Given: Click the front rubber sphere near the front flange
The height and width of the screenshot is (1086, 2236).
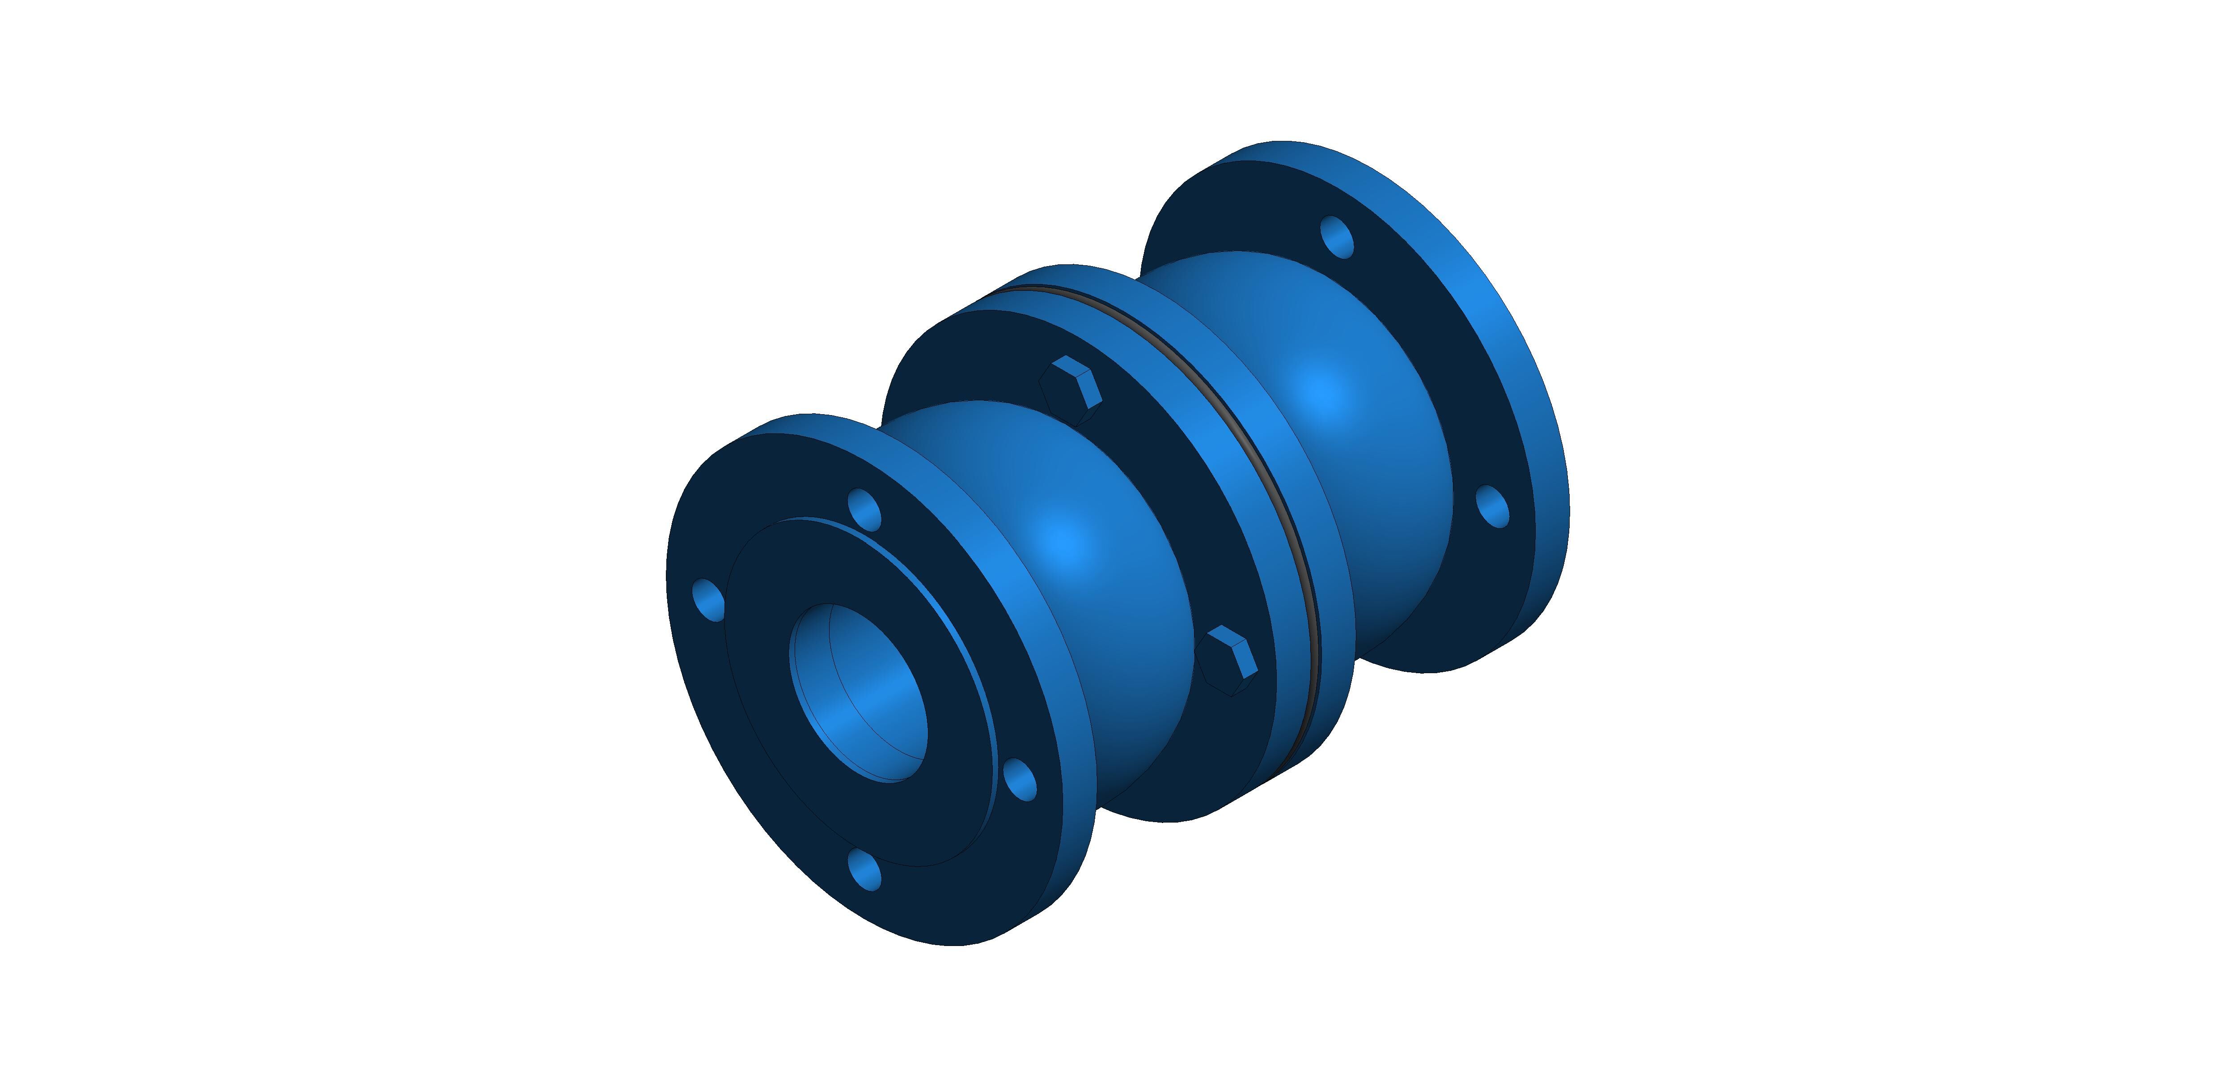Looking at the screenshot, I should [x=1067, y=556].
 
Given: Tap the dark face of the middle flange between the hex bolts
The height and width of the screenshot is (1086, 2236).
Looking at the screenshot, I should [x=1155, y=521].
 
